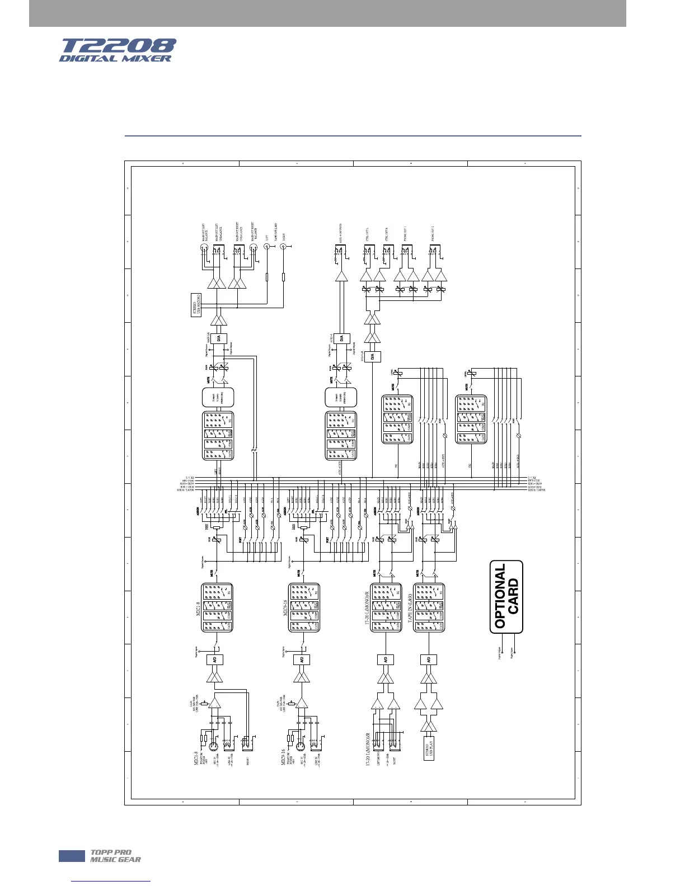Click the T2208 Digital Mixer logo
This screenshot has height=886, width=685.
pos(118,50)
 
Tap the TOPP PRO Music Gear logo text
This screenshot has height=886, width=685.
pos(115,856)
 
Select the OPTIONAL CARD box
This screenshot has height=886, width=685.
pos(506,597)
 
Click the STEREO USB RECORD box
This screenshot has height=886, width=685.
pos(196,304)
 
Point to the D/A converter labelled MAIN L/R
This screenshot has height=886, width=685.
pos(219,338)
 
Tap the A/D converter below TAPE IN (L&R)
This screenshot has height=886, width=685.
pos(429,659)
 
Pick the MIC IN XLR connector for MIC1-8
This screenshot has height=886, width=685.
pos(212,745)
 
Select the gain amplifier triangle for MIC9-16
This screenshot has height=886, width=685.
pos(302,703)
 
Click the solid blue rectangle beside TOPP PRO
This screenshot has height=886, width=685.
pos(71,856)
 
